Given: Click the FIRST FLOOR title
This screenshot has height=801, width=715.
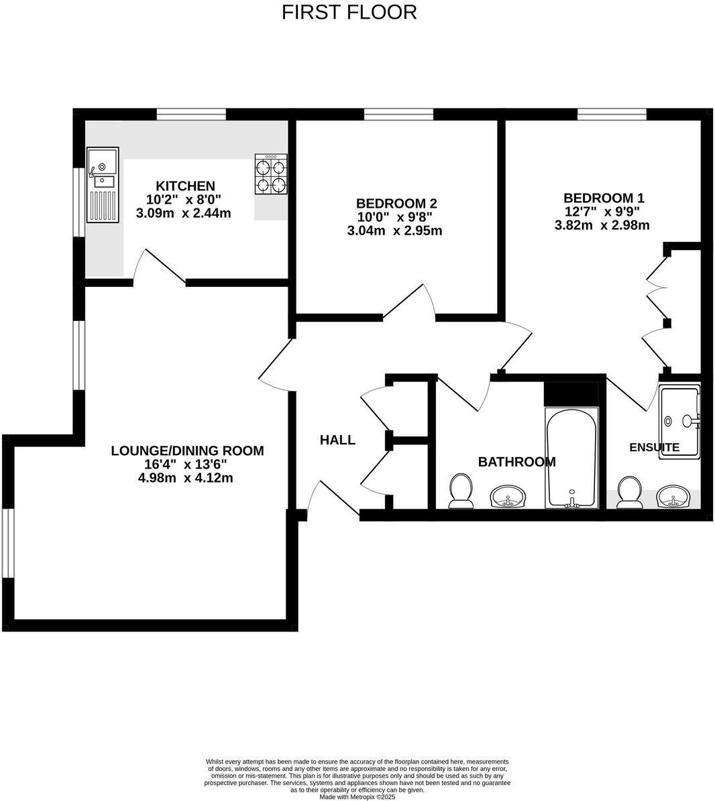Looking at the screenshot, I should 349,12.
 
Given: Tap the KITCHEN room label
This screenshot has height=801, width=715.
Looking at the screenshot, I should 185,186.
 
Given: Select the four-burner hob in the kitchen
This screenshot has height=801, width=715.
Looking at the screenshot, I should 271,174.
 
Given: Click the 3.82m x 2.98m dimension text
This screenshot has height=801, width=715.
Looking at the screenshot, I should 602,225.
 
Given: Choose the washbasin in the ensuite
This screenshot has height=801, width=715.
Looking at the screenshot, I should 672,497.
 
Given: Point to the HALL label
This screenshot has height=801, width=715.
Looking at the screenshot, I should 337,440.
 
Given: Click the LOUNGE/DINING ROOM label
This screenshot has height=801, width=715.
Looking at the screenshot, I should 187,451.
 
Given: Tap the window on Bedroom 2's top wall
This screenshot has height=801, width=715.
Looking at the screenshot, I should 398,114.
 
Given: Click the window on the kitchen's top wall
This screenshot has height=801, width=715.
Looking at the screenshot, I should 191,114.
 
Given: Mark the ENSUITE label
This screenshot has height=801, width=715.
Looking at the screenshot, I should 654,447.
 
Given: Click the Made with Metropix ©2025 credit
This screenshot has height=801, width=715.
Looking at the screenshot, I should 357,797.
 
